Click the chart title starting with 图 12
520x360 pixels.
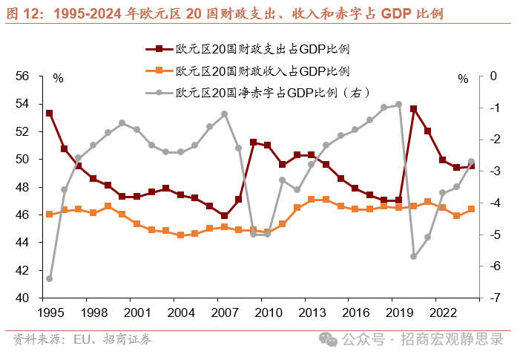226,13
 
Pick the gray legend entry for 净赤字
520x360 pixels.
263,93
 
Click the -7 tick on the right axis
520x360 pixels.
493,298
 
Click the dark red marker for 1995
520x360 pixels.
49,114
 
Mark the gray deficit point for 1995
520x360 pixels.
49,278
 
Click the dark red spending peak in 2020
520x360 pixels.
413,109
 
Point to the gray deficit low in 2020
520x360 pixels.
413,256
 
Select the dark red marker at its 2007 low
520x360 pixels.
224,216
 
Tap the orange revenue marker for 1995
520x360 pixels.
49,214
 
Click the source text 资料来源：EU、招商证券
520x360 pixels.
82,340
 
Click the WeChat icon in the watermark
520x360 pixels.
327,339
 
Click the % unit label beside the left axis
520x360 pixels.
58,78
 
